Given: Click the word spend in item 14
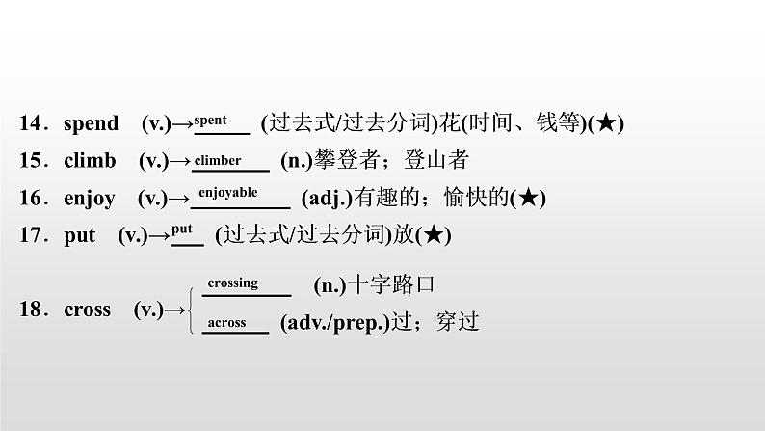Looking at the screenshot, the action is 91,123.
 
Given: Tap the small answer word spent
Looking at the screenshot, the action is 211,121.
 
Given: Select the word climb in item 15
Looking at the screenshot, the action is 90,161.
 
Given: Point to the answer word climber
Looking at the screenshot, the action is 218,160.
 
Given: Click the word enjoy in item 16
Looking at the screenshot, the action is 89,199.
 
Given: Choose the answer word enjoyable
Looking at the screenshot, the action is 228,193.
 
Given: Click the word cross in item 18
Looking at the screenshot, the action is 87,310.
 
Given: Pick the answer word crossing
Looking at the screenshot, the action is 232,283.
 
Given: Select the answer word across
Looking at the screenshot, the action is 227,323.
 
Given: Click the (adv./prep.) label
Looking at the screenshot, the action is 335,324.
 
